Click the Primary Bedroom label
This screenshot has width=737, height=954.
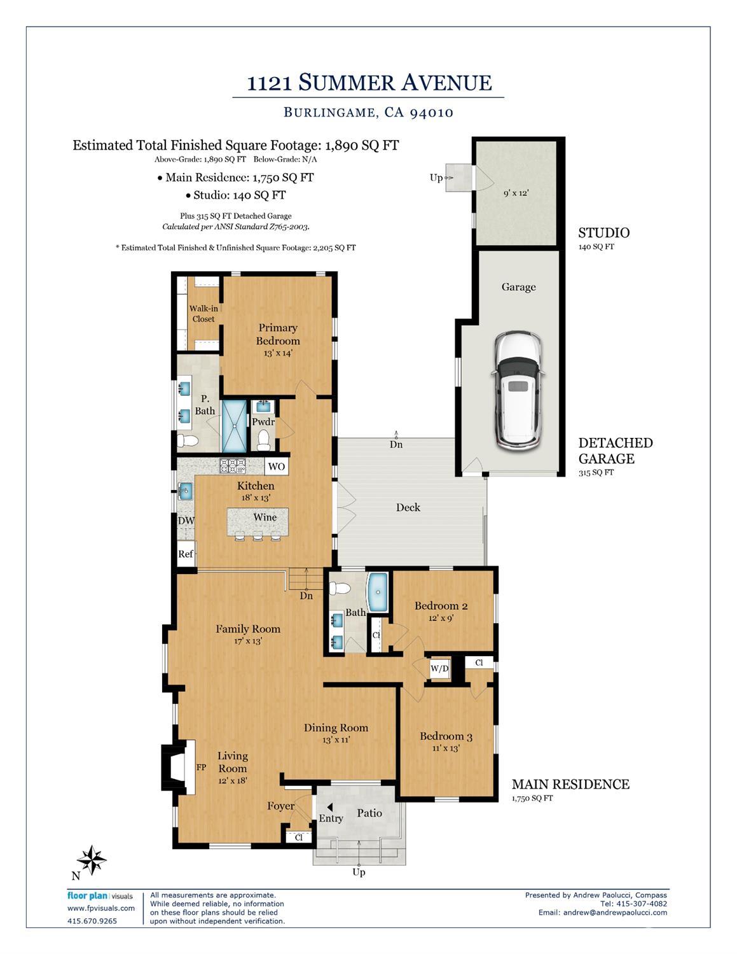[278, 334]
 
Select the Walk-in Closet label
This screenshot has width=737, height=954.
[203, 314]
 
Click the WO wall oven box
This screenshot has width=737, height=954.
[276, 466]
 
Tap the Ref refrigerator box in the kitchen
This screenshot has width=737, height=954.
[186, 554]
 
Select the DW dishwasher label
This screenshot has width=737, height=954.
[186, 521]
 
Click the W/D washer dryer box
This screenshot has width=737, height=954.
[439, 669]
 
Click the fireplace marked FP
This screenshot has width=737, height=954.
[180, 767]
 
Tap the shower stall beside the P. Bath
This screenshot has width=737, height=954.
[233, 426]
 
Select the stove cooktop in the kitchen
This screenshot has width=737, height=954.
[233, 466]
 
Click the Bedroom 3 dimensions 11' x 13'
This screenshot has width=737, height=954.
[446, 748]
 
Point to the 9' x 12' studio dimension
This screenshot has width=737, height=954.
[516, 193]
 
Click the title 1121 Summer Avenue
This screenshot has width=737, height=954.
[369, 83]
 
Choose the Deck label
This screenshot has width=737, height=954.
[408, 507]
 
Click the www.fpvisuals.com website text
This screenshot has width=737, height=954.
[100, 908]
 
